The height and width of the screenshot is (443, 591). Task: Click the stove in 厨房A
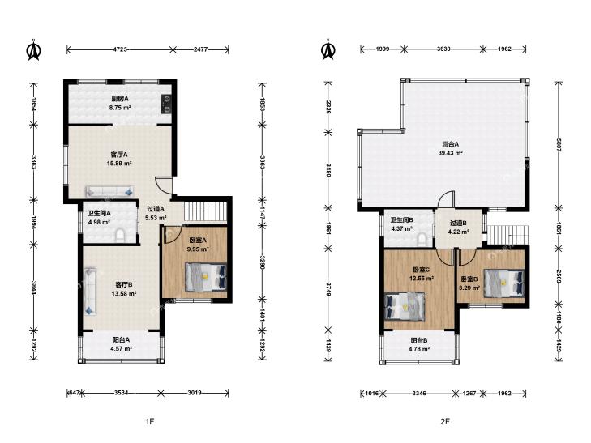point(166,104)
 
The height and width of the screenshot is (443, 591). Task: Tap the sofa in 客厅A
point(109,192)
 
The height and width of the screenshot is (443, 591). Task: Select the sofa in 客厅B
point(91,291)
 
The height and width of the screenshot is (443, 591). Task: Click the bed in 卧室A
point(206,277)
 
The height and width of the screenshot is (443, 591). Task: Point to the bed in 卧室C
point(405,306)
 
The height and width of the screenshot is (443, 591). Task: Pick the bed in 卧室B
point(504,283)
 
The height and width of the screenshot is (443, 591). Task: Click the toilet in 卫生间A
point(120,235)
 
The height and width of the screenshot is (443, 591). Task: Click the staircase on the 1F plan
point(206,212)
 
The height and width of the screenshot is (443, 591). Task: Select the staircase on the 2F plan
point(507,235)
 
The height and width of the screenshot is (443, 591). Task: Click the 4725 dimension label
point(120,49)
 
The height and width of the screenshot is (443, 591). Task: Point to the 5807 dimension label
point(559,145)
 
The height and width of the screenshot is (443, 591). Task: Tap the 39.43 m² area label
point(451,153)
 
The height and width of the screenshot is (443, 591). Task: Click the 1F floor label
point(150,422)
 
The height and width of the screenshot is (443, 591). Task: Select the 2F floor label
point(445,422)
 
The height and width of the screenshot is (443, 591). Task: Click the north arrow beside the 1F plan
point(34,50)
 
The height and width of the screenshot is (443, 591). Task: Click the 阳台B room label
point(419,341)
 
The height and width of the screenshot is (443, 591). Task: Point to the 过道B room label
point(458,224)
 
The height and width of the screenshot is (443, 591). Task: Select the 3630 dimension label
point(443,49)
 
